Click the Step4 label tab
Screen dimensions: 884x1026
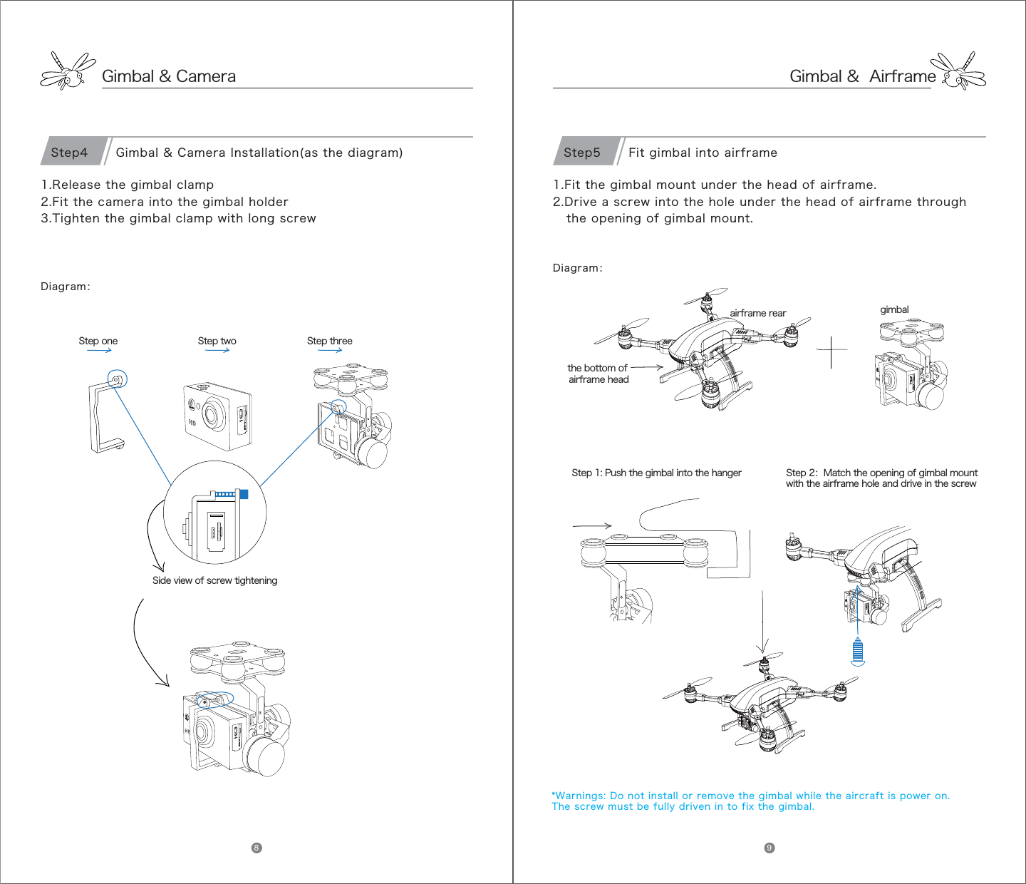70,153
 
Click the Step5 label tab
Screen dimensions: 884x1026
583,153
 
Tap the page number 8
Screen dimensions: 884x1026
256,848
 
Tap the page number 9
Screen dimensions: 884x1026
769,848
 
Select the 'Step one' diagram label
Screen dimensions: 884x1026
98,341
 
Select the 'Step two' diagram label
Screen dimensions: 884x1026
217,341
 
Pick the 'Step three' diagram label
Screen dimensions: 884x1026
330,341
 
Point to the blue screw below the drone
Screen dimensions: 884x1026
858,650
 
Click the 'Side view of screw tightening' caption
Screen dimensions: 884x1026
215,580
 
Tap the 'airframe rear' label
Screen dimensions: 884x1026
757,313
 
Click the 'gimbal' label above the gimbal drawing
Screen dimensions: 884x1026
894,309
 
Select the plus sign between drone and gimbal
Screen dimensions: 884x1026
831,350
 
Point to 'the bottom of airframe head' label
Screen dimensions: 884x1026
598,374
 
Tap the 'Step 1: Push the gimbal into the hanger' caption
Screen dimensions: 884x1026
656,473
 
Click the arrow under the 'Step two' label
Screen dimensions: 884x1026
217,350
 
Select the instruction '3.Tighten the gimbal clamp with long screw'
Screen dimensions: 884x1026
178,218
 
